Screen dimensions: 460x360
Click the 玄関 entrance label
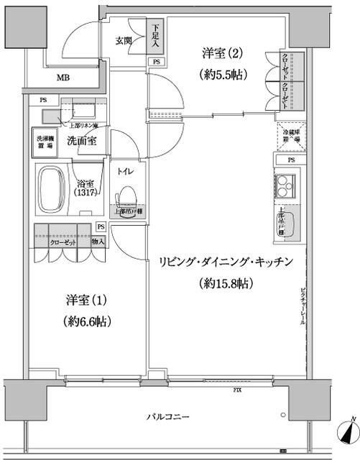pyautogui.click(x=124, y=40)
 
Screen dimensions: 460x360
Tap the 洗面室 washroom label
pyautogui.click(x=84, y=142)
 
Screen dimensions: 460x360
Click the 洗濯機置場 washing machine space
pyautogui.click(x=46, y=141)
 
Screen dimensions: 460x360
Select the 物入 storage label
pyautogui.click(x=98, y=242)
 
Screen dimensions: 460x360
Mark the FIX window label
pyautogui.click(x=236, y=391)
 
